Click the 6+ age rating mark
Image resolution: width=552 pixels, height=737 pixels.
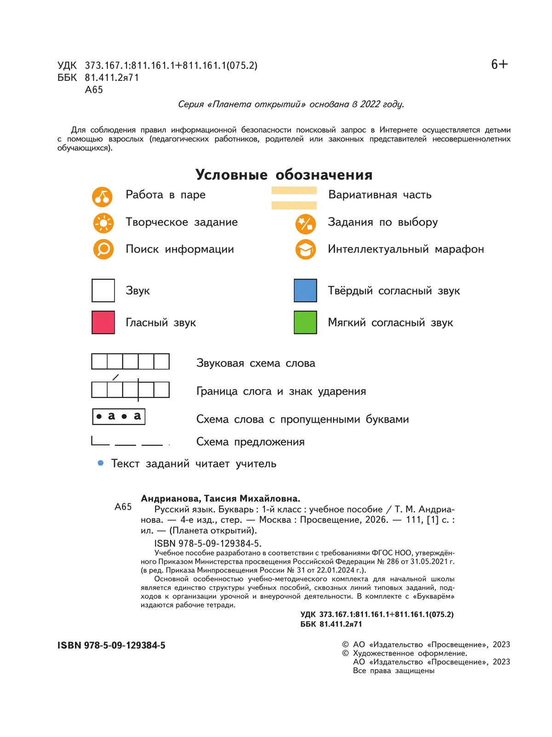pyautogui.click(x=499, y=64)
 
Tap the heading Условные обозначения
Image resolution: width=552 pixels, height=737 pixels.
pyautogui.click(x=284, y=175)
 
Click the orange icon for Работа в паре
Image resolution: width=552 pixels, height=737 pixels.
pyautogui.click(x=102, y=197)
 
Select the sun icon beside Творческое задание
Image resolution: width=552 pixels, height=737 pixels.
pyautogui.click(x=103, y=223)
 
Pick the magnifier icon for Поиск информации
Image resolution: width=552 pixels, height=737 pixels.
pyautogui.click(x=103, y=249)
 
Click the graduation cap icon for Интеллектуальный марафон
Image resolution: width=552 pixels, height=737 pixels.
pyautogui.click(x=305, y=249)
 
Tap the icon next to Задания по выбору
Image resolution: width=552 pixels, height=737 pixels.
pyautogui.click(x=305, y=224)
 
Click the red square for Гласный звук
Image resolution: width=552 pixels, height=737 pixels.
pyautogui.click(x=103, y=322)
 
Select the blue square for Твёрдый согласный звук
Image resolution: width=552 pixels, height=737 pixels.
pyautogui.click(x=305, y=290)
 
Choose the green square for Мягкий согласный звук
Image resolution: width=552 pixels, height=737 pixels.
pyautogui.click(x=305, y=322)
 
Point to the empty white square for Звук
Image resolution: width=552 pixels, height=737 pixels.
pyautogui.click(x=103, y=290)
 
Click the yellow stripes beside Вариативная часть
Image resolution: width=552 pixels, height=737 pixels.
pyautogui.click(x=294, y=198)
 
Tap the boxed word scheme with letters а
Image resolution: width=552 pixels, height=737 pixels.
pyautogui.click(x=119, y=416)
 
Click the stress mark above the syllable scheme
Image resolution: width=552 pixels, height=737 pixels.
pyautogui.click(x=115, y=377)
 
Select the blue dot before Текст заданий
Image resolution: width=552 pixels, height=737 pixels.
pyautogui.click(x=101, y=463)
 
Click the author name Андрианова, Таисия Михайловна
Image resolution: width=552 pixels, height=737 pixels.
pyautogui.click(x=220, y=499)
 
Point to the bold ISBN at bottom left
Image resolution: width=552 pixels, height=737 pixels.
pyautogui.click(x=111, y=645)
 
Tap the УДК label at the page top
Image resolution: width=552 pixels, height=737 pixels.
pyautogui.click(x=67, y=66)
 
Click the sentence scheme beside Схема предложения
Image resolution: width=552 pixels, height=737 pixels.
pyautogui.click(x=127, y=442)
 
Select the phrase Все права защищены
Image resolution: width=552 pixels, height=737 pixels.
pyautogui.click(x=393, y=671)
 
